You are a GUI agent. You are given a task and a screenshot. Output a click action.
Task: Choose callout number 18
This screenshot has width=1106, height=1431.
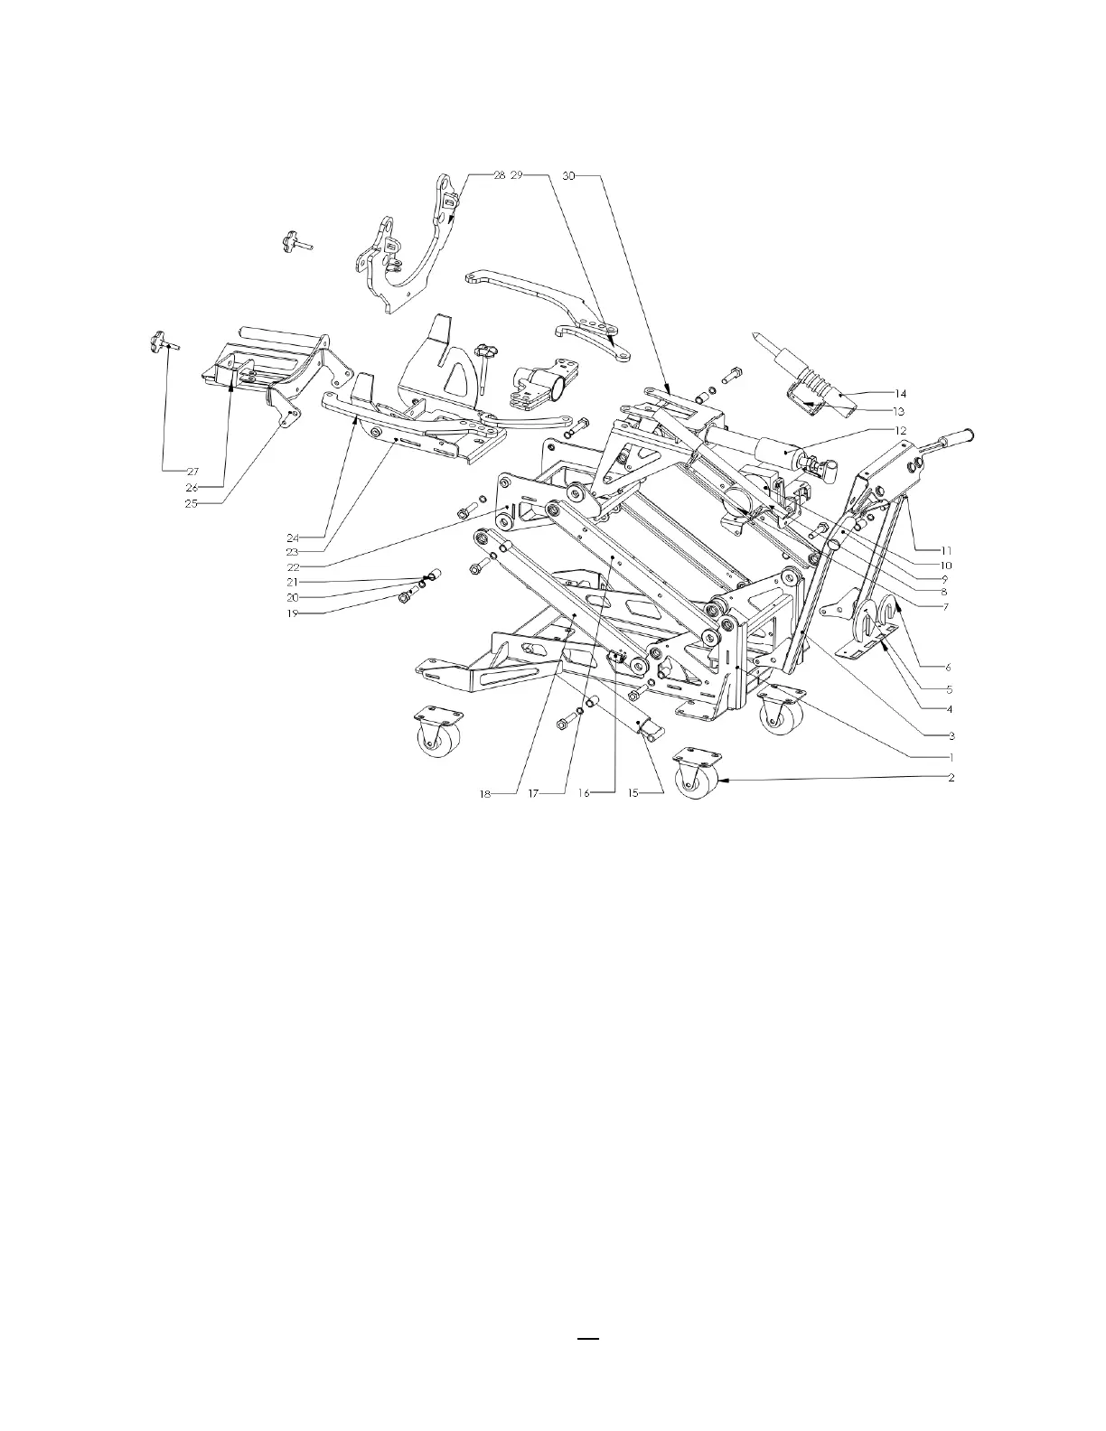[485, 793]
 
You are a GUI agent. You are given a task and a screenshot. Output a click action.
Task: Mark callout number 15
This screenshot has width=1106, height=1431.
[633, 793]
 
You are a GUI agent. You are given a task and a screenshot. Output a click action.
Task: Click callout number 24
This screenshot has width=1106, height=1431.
[293, 538]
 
